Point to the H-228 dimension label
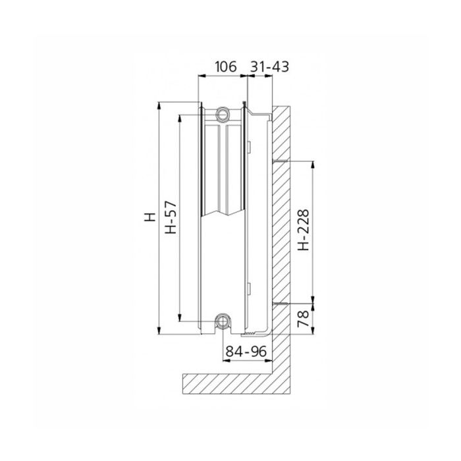click(x=304, y=234)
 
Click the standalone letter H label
click(x=149, y=217)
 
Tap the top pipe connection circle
click(x=223, y=114)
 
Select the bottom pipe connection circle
click(x=223, y=322)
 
